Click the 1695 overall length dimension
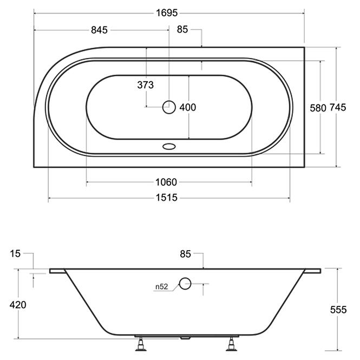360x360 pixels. (167, 13)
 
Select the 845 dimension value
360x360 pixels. (99, 30)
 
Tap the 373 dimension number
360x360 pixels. (145, 85)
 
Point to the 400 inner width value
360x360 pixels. (187, 107)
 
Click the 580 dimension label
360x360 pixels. (318, 108)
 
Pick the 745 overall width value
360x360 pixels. (338, 107)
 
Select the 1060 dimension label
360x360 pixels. (166, 182)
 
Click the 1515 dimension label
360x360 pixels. (167, 198)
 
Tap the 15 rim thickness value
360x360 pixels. (15, 254)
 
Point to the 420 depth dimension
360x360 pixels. (18, 305)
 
